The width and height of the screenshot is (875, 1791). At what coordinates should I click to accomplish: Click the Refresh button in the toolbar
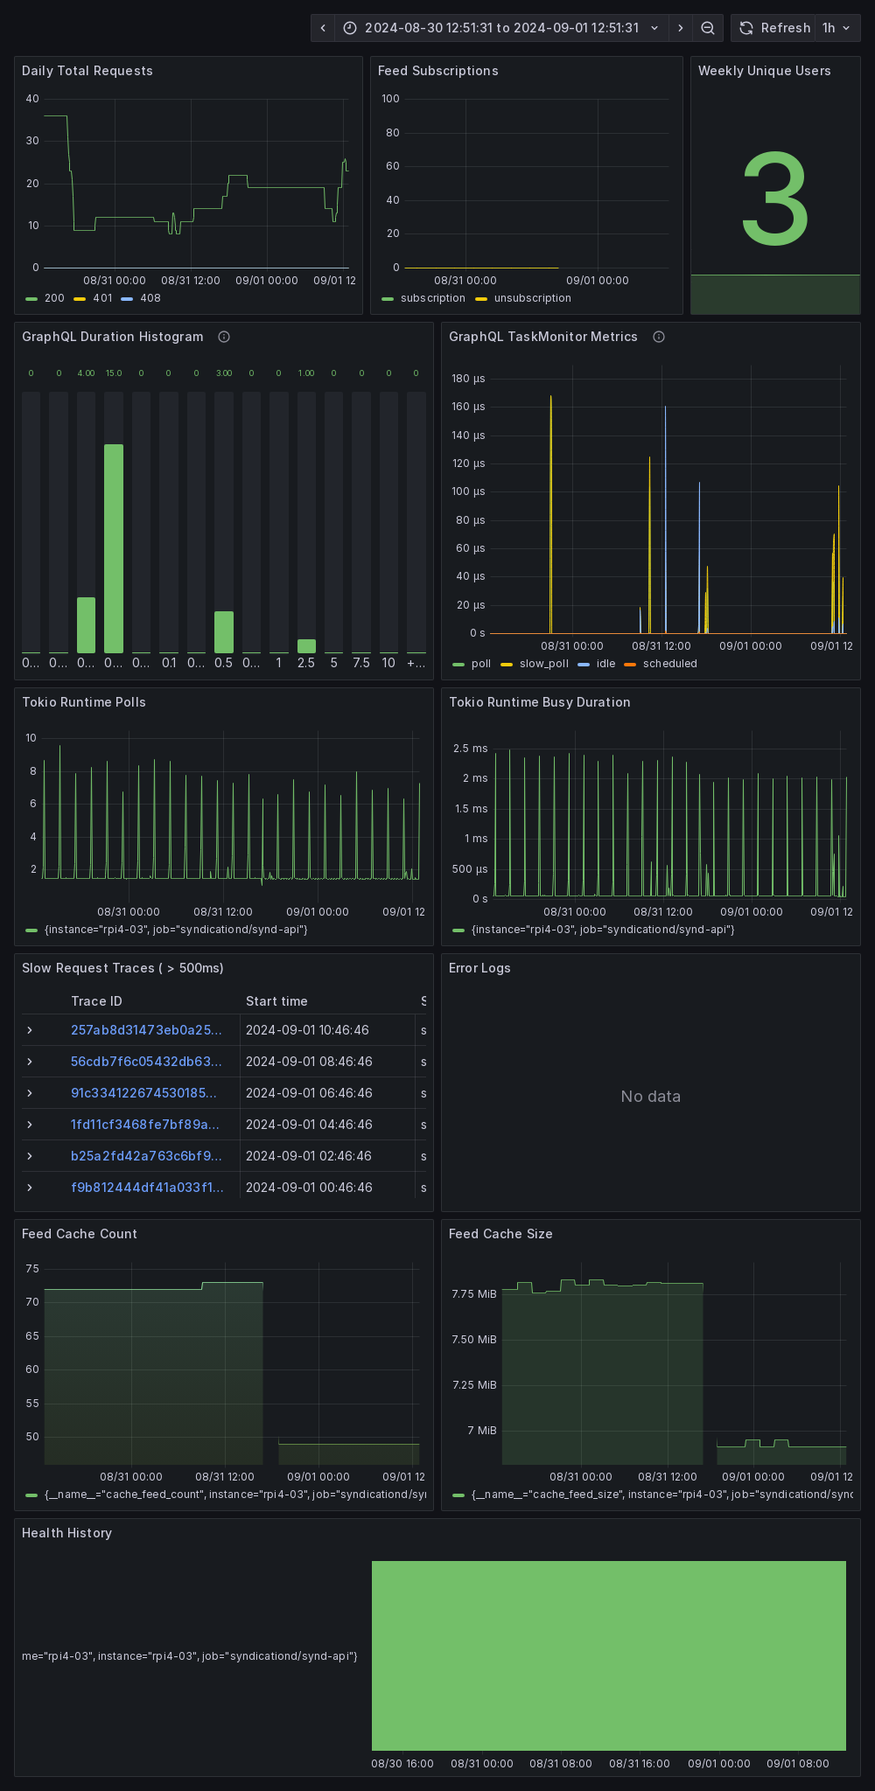coord(774,28)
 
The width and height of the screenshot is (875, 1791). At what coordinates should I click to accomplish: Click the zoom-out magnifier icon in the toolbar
coord(708,28)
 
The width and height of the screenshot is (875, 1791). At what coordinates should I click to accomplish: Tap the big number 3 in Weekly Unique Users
coord(774,200)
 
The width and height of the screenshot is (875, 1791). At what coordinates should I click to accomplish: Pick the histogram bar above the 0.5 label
coord(224,631)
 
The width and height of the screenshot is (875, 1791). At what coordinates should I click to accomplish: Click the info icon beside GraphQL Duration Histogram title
coord(224,337)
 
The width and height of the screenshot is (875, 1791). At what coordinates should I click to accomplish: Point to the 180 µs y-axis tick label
coord(468,379)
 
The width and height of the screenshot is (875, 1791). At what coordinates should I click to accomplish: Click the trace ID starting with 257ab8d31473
coord(146,1030)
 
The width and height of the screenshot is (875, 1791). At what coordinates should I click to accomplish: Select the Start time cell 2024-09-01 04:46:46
coord(309,1125)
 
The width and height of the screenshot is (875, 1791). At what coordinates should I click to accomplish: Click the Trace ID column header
coord(96,1001)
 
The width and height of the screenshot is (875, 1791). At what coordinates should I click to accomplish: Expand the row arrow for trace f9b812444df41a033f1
coord(30,1188)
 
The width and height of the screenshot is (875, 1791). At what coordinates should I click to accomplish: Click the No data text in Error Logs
coord(650,1097)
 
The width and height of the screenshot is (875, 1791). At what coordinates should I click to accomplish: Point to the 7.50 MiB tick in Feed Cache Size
coord(473,1340)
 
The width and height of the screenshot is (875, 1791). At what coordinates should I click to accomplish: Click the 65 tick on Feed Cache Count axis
coord(32,1336)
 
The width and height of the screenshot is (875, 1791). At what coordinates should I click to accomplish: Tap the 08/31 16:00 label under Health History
coord(639,1763)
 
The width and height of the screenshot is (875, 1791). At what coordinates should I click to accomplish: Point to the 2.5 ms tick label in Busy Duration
coord(471,749)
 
